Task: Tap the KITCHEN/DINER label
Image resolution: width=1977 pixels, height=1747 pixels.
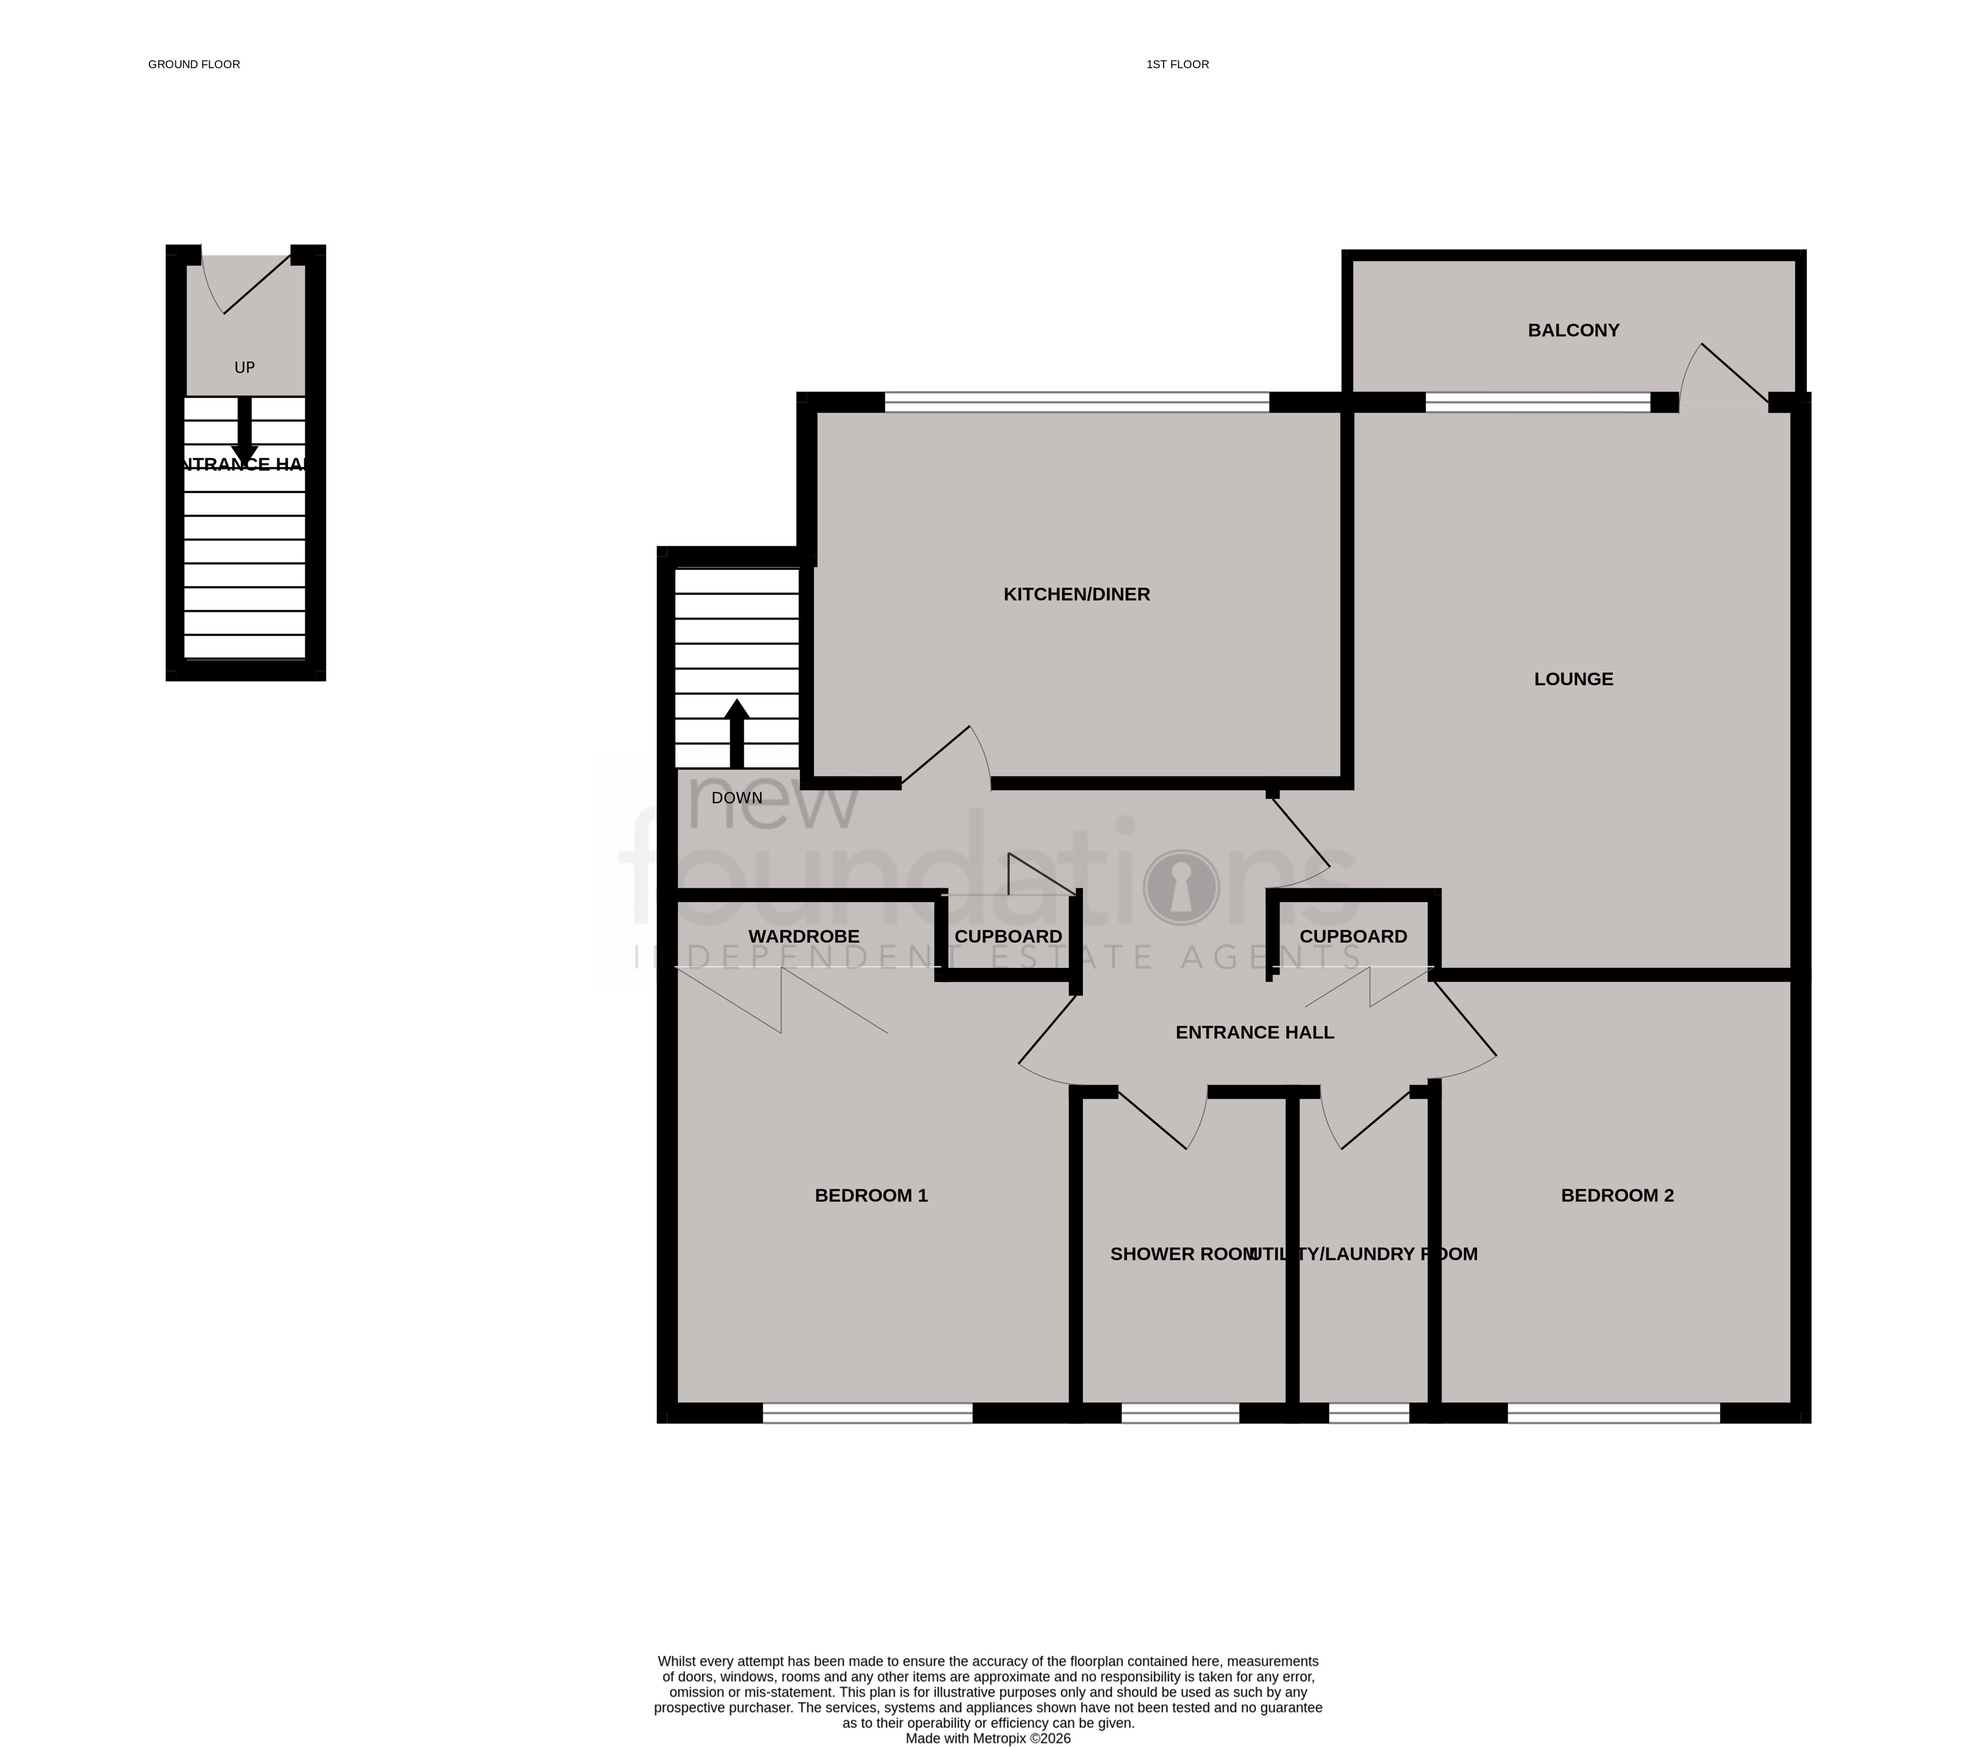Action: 1077,595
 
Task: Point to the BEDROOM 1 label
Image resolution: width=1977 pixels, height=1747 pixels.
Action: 870,1196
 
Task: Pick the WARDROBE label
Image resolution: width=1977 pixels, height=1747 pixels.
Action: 804,936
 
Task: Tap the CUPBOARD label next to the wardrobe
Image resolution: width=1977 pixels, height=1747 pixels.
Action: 1008,936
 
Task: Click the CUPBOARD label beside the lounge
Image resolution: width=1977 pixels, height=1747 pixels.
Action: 1352,936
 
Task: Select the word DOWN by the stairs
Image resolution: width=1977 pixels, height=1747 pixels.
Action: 737,798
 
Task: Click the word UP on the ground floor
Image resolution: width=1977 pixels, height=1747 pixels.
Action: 245,368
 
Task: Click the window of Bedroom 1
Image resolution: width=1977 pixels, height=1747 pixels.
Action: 868,1413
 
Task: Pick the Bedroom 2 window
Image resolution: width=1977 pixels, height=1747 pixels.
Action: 1613,1413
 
